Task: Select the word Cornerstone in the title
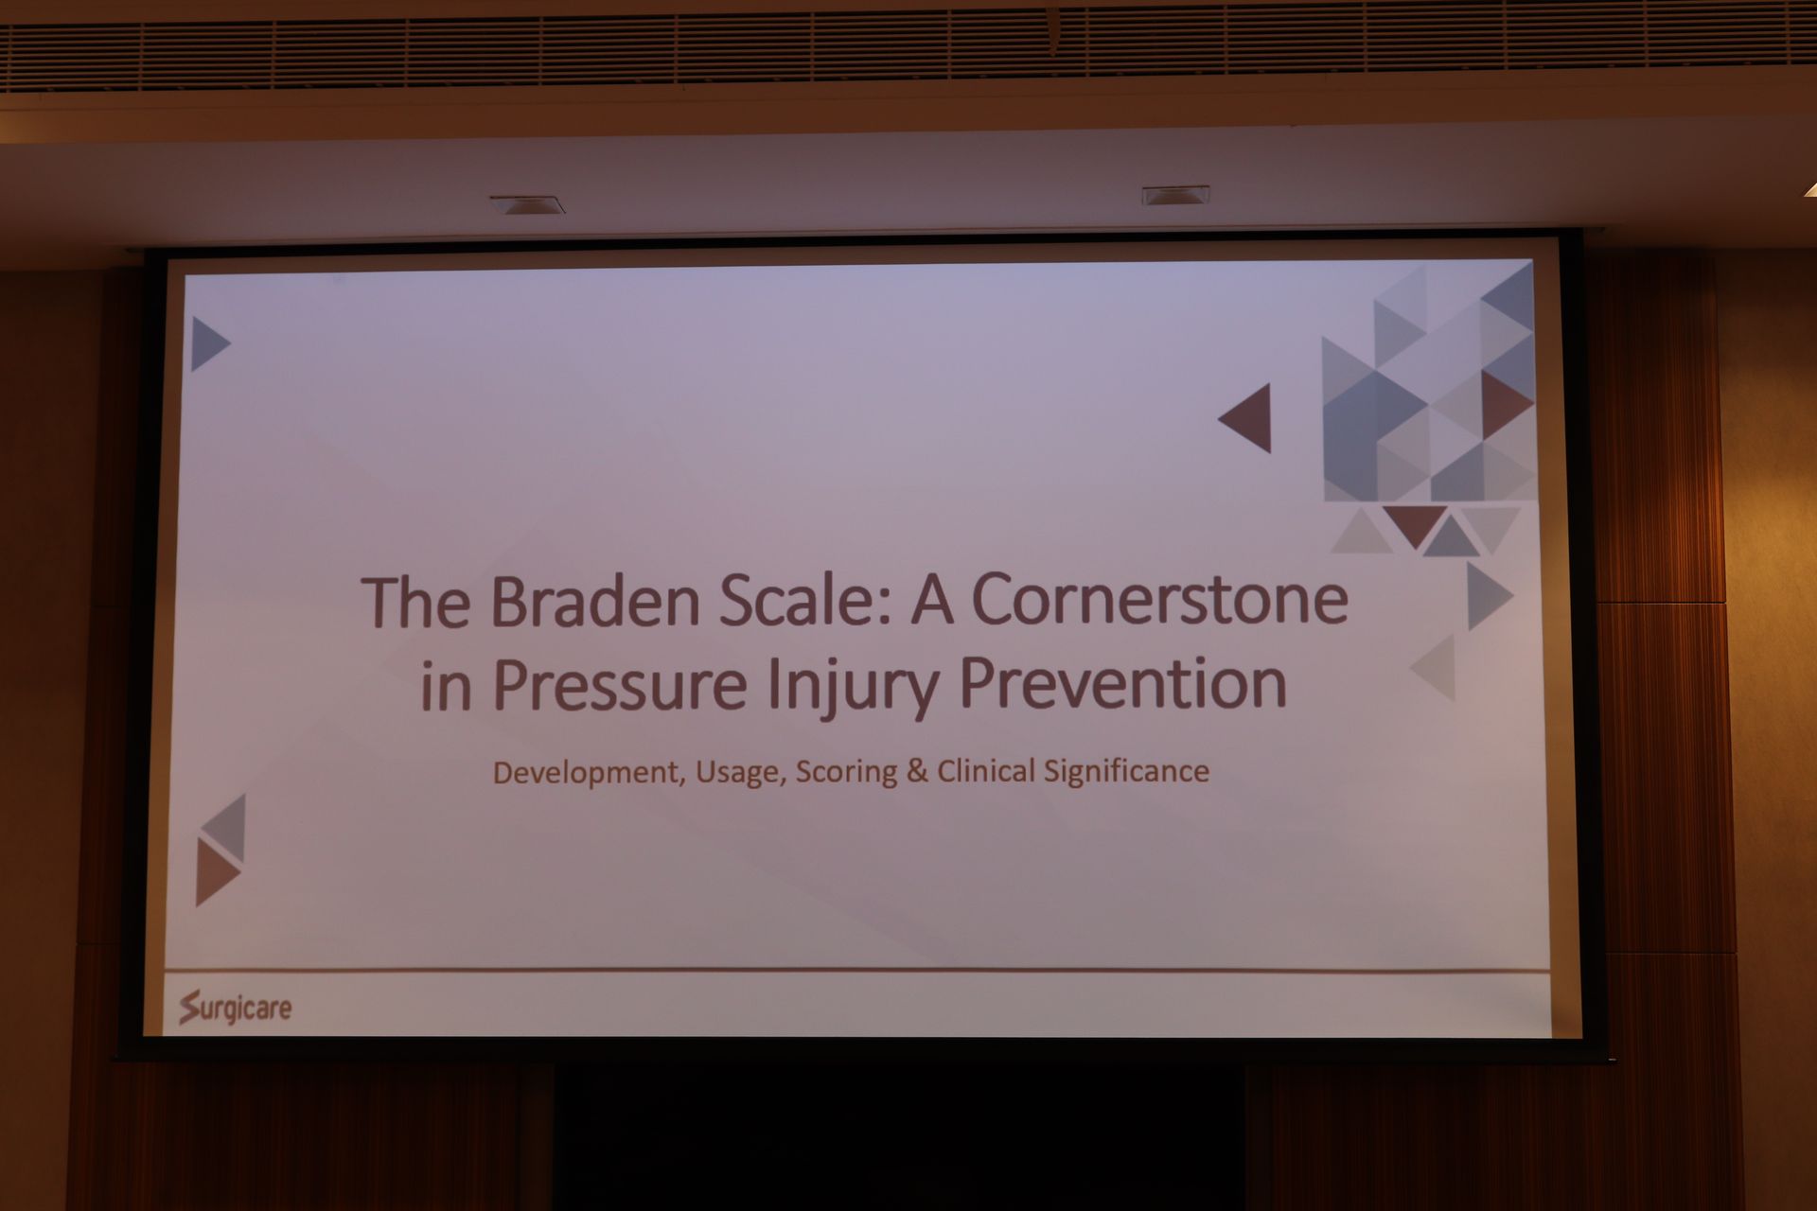click(x=1160, y=600)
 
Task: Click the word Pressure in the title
click(x=621, y=683)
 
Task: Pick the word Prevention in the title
click(x=1123, y=681)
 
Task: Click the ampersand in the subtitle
click(x=917, y=770)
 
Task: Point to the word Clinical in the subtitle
click(x=986, y=770)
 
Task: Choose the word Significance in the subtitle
click(x=1127, y=771)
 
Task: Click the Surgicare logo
click(x=236, y=1008)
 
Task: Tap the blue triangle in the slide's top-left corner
click(x=207, y=343)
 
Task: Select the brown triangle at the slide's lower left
click(x=215, y=872)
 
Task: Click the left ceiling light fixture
click(x=527, y=204)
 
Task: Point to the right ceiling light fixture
click(x=1175, y=195)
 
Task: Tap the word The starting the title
click(x=416, y=603)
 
